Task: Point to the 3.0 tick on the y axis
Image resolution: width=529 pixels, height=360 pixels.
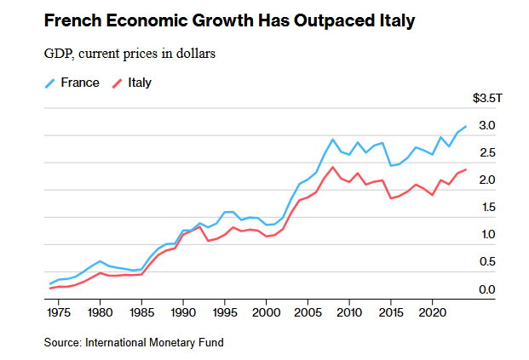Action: coord(486,126)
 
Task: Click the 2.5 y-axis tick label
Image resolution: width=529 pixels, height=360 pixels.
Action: coord(486,153)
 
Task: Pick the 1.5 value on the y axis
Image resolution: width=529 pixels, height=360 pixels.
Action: coord(486,208)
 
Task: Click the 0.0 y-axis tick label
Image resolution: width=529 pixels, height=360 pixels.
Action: coord(486,290)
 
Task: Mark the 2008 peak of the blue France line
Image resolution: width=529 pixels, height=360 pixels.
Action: coord(332,139)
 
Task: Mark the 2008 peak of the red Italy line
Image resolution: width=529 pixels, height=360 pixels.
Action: coord(332,167)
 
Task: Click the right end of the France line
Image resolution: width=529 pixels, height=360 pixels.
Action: coord(465,126)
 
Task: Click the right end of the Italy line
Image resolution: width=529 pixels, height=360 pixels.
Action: coord(465,169)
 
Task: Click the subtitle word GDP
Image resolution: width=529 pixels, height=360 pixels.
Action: coord(59,54)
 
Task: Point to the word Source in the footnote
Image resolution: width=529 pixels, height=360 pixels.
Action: coord(62,342)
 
